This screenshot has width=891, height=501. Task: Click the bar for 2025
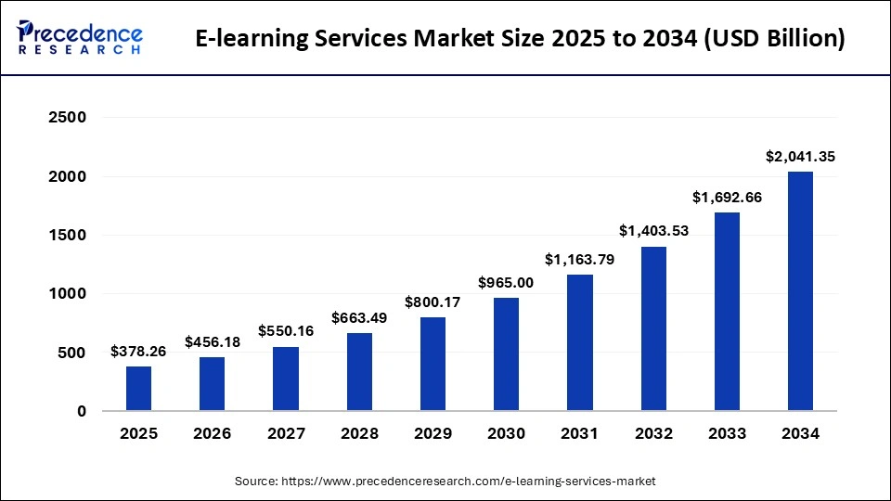(138, 389)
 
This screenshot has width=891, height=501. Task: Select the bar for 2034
(800, 291)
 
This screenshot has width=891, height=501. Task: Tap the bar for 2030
(506, 354)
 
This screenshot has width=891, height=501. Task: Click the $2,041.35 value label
(800, 157)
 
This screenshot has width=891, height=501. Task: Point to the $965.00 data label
(506, 283)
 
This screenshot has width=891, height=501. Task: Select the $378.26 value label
(138, 352)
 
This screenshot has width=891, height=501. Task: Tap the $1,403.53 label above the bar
(653, 231)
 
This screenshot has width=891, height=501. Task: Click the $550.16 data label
(286, 331)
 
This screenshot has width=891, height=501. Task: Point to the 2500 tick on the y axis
(68, 118)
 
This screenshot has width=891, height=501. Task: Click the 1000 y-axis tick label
(68, 294)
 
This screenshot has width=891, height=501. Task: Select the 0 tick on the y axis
(81, 411)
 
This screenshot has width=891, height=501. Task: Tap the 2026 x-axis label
(212, 433)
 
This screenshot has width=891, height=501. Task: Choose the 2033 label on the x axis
(727, 433)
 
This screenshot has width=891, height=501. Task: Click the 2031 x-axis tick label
(579, 433)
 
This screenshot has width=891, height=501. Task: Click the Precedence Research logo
(80, 39)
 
